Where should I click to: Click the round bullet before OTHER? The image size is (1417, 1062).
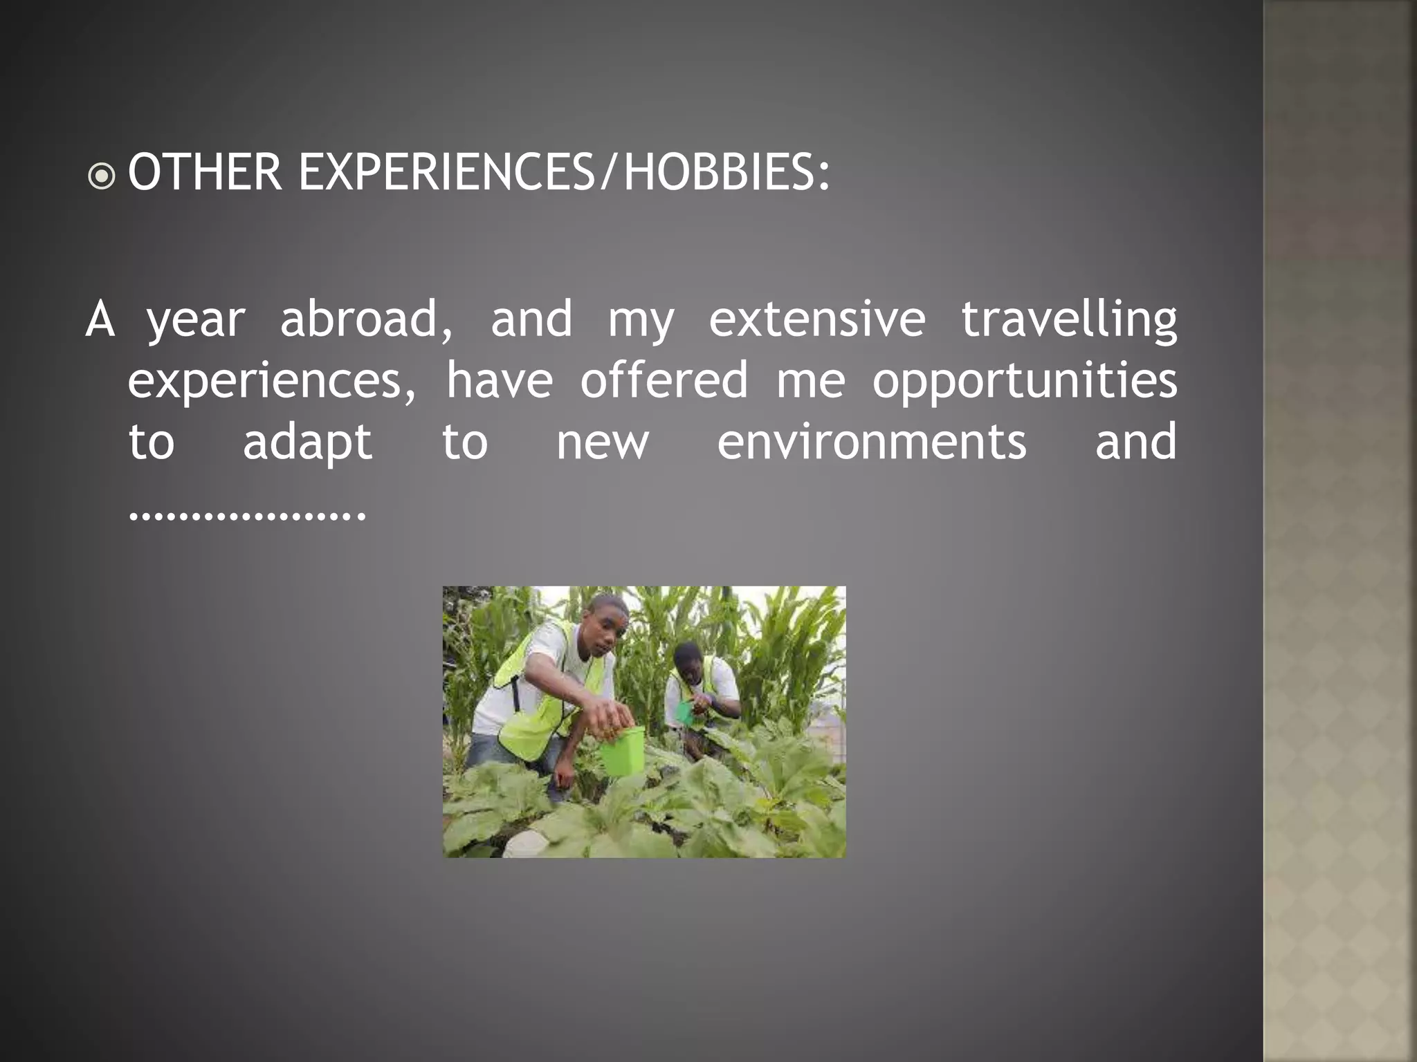coord(102,176)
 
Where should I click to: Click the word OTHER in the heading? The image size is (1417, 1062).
coord(205,172)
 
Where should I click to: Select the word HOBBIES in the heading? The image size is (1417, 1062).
coord(717,172)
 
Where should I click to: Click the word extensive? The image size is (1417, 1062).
coord(816,319)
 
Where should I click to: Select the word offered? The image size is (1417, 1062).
coord(664,380)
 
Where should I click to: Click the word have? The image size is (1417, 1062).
coord(500,380)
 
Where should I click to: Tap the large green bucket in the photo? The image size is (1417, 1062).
coord(621,750)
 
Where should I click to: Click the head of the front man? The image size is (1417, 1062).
coord(606,626)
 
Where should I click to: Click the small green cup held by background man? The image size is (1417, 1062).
coord(684,711)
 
